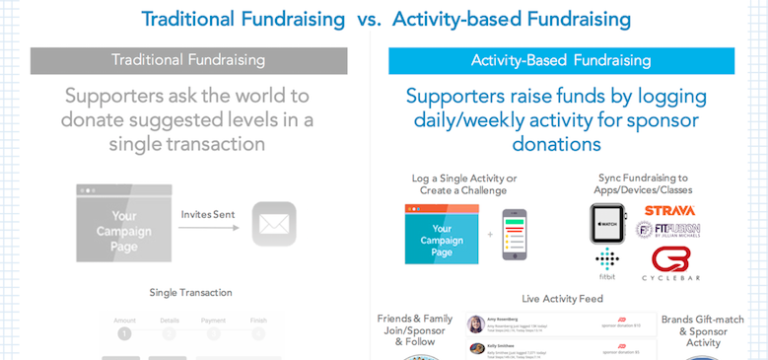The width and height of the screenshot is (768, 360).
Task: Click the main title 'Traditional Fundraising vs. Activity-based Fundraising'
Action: [x=385, y=19]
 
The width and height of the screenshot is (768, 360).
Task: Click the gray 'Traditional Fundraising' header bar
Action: [x=186, y=60]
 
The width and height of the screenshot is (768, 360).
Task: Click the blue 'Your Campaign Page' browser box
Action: [x=442, y=234]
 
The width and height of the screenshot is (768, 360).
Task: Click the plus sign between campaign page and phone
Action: [x=488, y=237]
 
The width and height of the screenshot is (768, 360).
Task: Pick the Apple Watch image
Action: [x=609, y=225]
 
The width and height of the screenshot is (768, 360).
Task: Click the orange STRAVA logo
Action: [x=669, y=210]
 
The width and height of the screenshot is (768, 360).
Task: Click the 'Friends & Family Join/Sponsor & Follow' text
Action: [x=415, y=330]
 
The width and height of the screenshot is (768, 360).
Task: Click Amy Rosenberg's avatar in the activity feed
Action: [x=476, y=324]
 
